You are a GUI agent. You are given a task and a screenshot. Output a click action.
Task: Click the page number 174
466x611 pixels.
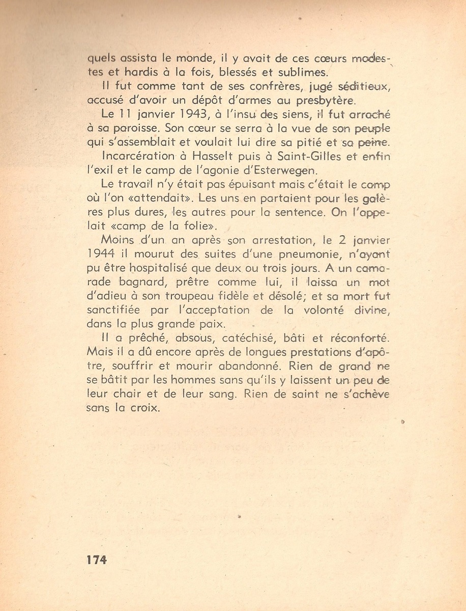coord(97,560)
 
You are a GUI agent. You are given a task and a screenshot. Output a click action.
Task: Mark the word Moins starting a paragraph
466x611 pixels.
coord(117,240)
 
